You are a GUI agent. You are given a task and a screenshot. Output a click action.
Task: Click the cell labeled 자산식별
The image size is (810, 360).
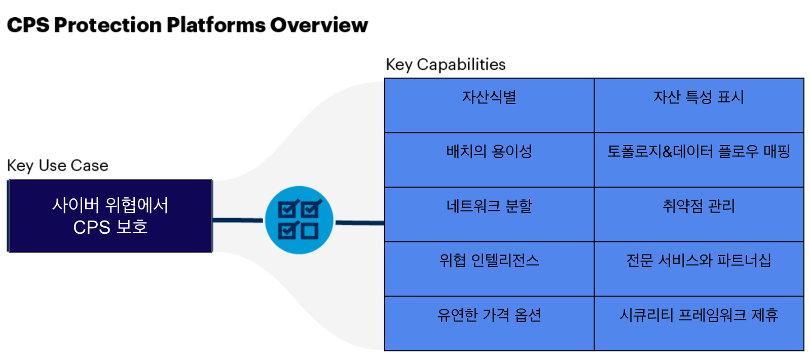(489, 105)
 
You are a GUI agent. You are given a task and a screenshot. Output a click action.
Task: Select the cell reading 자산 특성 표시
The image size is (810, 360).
(698, 105)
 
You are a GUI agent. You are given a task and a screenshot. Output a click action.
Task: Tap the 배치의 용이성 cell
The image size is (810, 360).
(489, 160)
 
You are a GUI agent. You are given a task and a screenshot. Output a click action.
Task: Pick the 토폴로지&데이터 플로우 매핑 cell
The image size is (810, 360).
(698, 160)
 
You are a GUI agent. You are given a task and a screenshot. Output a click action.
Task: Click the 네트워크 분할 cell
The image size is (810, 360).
(489, 214)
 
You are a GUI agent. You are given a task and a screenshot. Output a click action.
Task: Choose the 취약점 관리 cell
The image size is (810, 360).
(698, 214)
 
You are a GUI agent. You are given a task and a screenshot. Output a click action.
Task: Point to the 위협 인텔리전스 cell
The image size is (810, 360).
(489, 269)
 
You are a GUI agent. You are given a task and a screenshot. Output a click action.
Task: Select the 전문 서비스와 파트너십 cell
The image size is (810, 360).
(698, 269)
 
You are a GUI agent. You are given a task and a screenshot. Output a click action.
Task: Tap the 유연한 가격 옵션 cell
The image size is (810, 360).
(489, 323)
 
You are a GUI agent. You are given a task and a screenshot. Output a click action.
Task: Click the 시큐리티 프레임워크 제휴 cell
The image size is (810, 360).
(698, 323)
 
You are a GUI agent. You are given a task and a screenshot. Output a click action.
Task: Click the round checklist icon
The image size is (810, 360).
(299, 220)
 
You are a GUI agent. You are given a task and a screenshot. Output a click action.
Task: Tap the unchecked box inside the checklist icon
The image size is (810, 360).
(310, 231)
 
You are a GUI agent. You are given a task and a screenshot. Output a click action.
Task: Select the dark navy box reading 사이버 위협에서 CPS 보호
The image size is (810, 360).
(110, 216)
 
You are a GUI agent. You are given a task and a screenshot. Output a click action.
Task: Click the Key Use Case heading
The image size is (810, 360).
(58, 166)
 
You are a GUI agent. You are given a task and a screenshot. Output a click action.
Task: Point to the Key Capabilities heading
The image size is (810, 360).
(446, 65)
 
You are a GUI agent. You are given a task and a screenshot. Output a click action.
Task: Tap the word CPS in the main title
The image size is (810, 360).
(28, 25)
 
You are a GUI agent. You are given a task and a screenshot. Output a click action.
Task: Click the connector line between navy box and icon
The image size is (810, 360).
(238, 220)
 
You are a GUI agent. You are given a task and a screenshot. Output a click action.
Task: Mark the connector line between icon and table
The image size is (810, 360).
(360, 223)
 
